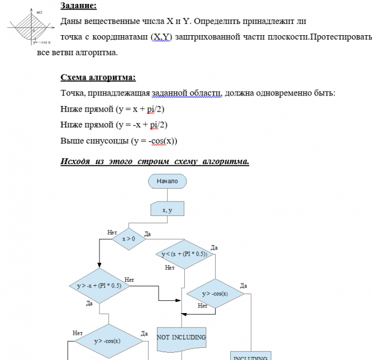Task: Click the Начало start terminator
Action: pos(167,181)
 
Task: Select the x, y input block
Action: pos(167,210)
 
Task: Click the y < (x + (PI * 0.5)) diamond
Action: pos(184,254)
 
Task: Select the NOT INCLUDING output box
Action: pos(182,338)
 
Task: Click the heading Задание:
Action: pos(78,6)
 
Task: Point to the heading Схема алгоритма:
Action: pos(98,78)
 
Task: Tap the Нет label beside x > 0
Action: pos(112,232)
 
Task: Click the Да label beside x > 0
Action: pos(147,233)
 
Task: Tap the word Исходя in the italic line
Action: pos(77,162)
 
